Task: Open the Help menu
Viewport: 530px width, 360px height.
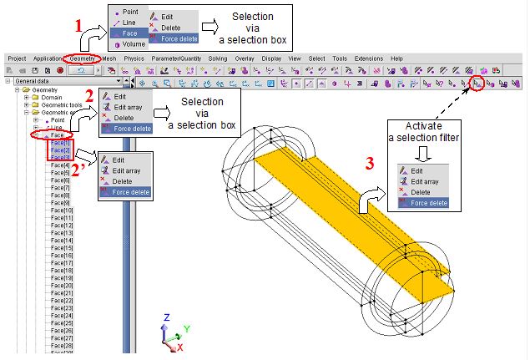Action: click(396, 58)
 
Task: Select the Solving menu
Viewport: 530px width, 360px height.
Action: click(217, 58)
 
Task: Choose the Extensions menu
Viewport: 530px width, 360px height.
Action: click(368, 58)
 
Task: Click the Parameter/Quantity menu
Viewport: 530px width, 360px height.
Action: click(175, 58)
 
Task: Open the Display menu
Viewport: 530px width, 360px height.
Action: click(271, 58)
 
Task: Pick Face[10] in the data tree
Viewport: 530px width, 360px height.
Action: click(63, 210)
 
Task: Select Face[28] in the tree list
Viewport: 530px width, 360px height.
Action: click(63, 345)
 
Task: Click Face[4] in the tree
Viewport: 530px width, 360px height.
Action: click(60, 165)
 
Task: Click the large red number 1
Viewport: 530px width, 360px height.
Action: click(80, 26)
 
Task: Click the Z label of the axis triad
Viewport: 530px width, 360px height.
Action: click(168, 318)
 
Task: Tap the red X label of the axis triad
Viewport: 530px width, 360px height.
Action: click(180, 346)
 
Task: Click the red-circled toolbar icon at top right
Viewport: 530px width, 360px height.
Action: click(476, 84)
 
